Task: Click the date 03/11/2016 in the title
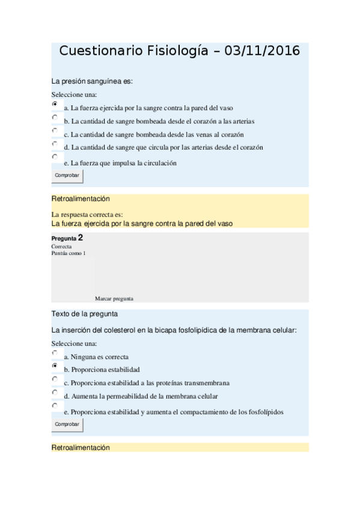point(262,51)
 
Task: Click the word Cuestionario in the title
point(102,51)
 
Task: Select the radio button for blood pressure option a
point(55,104)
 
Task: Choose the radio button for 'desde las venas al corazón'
point(55,130)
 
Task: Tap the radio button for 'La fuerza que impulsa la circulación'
point(55,156)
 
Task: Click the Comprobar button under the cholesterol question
point(67,424)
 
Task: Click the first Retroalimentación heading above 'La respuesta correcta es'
point(81,198)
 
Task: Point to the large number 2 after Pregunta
point(81,238)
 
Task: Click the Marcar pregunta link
point(114,298)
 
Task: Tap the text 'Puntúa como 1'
point(69,253)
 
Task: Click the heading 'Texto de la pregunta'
point(84,314)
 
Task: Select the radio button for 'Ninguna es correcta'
point(55,353)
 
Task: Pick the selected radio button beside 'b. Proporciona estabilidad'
point(55,366)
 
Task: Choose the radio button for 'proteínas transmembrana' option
point(55,379)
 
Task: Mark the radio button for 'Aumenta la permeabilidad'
point(55,392)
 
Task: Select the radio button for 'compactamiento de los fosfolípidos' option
point(55,406)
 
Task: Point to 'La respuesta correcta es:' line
point(87,215)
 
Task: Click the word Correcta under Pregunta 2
point(61,247)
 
